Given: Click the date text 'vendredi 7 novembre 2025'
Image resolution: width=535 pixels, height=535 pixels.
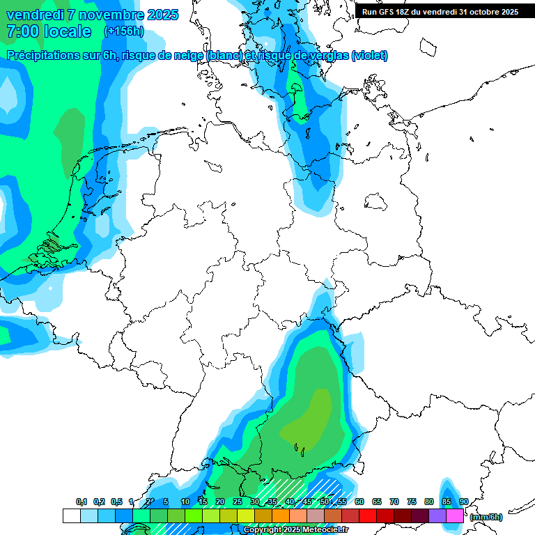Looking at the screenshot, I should coord(92,15).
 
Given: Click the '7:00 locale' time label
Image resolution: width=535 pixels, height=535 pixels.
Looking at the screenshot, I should coord(48,31).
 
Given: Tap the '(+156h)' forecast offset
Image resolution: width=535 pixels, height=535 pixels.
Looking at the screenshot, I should coord(124,31).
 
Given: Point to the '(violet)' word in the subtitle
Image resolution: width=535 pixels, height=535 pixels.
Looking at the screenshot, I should coord(370,56).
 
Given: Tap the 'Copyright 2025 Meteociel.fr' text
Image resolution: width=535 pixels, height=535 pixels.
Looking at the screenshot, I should coord(295,530).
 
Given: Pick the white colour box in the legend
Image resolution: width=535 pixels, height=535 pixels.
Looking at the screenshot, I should coord(71,515).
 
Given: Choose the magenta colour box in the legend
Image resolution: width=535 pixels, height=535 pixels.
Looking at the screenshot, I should coord(455,515).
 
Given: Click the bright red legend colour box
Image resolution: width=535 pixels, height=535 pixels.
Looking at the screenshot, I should coord(368,515).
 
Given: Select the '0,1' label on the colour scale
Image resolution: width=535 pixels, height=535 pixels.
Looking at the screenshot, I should coord(82,502).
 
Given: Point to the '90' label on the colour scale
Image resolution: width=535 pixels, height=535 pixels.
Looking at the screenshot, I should coord(463,502).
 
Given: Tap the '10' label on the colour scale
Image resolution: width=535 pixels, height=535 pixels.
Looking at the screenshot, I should coord(185,502).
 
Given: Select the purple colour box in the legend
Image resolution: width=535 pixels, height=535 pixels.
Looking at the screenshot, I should coord(437,515).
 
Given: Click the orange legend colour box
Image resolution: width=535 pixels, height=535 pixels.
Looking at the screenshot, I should coord(281,515).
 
